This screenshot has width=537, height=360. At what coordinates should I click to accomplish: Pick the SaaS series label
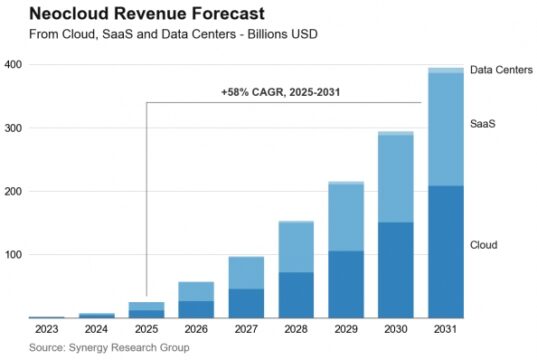[484, 124]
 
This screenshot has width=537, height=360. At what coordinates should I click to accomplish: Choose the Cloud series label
[485, 244]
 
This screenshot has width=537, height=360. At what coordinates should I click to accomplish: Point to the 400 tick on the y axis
[14, 65]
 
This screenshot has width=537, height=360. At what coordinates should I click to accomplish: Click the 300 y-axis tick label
[14, 128]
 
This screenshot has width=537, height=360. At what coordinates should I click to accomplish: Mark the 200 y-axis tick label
[14, 191]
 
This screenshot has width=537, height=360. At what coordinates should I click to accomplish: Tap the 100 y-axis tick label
[14, 255]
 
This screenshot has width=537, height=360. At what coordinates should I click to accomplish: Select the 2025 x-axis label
[146, 330]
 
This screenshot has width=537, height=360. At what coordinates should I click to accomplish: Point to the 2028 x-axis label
[296, 330]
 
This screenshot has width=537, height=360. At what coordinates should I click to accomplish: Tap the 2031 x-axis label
[445, 330]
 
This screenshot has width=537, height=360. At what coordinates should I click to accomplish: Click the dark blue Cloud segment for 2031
[445, 252]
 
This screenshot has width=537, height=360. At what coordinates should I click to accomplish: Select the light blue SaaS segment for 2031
[445, 130]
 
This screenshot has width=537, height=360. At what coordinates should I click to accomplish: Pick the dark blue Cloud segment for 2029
[346, 284]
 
